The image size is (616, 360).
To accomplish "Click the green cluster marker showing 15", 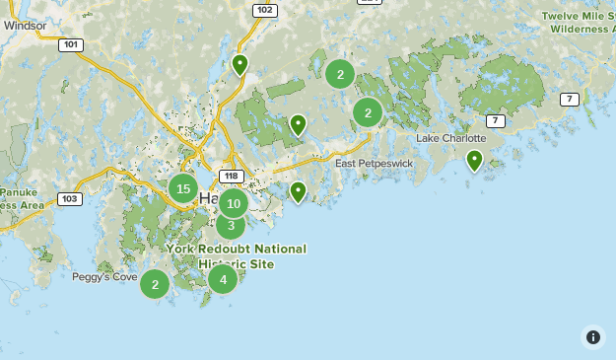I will pos(183,187).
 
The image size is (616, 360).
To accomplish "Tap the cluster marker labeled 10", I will pos(233,204).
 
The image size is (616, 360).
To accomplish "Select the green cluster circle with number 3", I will pos(230,226).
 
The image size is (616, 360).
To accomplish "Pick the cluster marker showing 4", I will pos(223,279).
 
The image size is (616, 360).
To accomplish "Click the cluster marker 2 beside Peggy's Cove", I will pos(155,284).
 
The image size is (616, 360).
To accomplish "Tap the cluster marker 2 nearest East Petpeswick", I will pos(368,112).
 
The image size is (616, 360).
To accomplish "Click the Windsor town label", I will pos(25,25).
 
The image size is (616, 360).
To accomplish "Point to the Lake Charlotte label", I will pos(450,138).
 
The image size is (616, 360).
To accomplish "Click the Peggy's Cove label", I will pos(104,277).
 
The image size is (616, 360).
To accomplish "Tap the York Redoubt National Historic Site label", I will pos(237,256).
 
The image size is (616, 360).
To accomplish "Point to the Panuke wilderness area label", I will pos(20,198).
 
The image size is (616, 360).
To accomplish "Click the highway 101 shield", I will pos(70,44).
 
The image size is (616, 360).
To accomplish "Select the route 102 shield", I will pos(264,10).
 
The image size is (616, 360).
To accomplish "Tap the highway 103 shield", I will pos(69,198).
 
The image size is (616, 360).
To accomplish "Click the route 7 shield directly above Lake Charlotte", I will pos(495,120).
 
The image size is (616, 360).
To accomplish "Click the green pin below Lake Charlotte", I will pos(474,160).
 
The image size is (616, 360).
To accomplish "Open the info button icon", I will pos(592,336).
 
